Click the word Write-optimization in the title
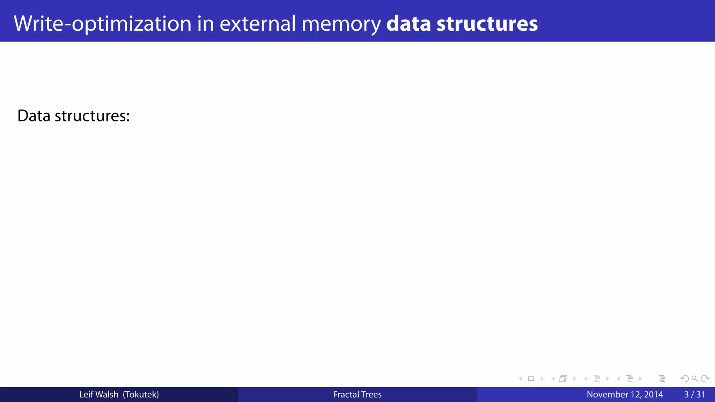click(x=103, y=24)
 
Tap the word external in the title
click(x=258, y=24)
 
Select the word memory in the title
click(x=341, y=24)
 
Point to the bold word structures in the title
click(x=487, y=24)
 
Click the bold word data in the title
click(x=408, y=24)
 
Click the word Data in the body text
click(x=34, y=116)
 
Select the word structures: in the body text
click(x=92, y=116)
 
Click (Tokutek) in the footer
click(x=141, y=394)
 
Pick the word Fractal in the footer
click(x=345, y=394)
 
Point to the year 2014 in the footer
click(x=654, y=394)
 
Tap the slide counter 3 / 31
click(x=695, y=394)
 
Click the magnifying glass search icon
click(x=695, y=379)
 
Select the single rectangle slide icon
click(x=531, y=379)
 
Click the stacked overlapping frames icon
click(x=563, y=379)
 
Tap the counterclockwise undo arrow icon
click(x=685, y=379)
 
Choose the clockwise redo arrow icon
click(x=705, y=379)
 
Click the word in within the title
click(x=205, y=24)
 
